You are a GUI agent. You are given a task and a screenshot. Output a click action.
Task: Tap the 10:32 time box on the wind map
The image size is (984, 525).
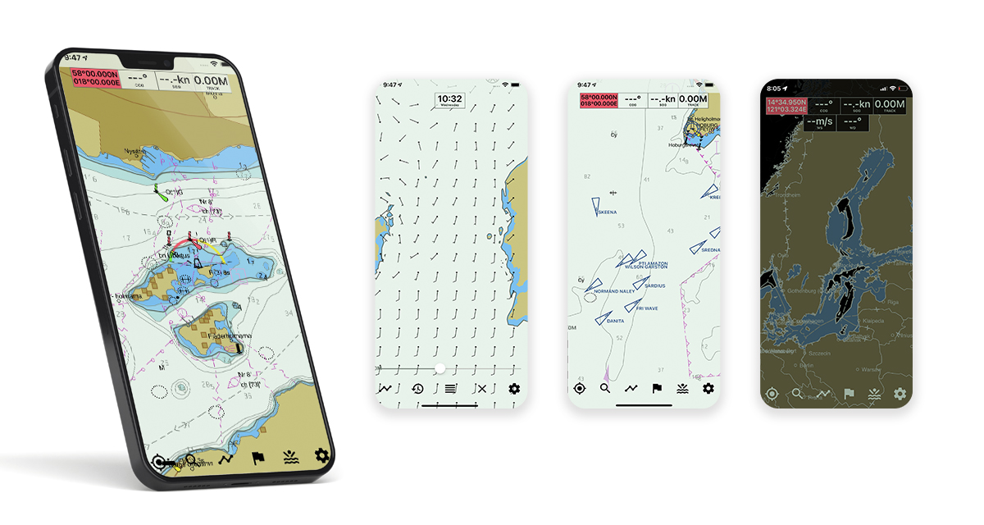450,101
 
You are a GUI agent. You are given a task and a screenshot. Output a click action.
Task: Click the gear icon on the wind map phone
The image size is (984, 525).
514,389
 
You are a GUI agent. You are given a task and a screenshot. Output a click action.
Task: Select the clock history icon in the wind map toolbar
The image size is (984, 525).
418,389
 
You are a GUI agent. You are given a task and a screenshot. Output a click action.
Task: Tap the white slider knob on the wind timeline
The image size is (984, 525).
440,368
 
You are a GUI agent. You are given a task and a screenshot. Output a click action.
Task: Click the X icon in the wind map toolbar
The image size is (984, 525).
482,389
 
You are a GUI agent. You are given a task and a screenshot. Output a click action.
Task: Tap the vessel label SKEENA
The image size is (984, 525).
608,212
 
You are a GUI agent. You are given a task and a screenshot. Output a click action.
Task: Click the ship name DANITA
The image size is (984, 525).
615,322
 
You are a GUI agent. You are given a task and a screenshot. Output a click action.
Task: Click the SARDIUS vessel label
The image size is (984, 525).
655,285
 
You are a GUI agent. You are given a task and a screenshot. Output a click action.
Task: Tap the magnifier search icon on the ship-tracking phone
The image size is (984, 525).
605,388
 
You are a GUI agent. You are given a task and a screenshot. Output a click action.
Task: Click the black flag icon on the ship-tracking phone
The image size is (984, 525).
657,388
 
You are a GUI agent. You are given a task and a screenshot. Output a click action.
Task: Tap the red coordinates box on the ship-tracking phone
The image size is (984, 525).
598,100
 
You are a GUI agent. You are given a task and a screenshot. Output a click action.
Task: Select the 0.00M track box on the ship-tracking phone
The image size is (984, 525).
693,100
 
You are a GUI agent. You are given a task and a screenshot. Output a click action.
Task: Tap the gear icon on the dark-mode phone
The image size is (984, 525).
900,394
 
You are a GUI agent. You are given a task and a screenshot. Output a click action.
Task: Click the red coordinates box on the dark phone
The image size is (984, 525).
786,105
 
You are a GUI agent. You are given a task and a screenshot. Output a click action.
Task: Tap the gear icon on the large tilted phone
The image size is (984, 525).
321,456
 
